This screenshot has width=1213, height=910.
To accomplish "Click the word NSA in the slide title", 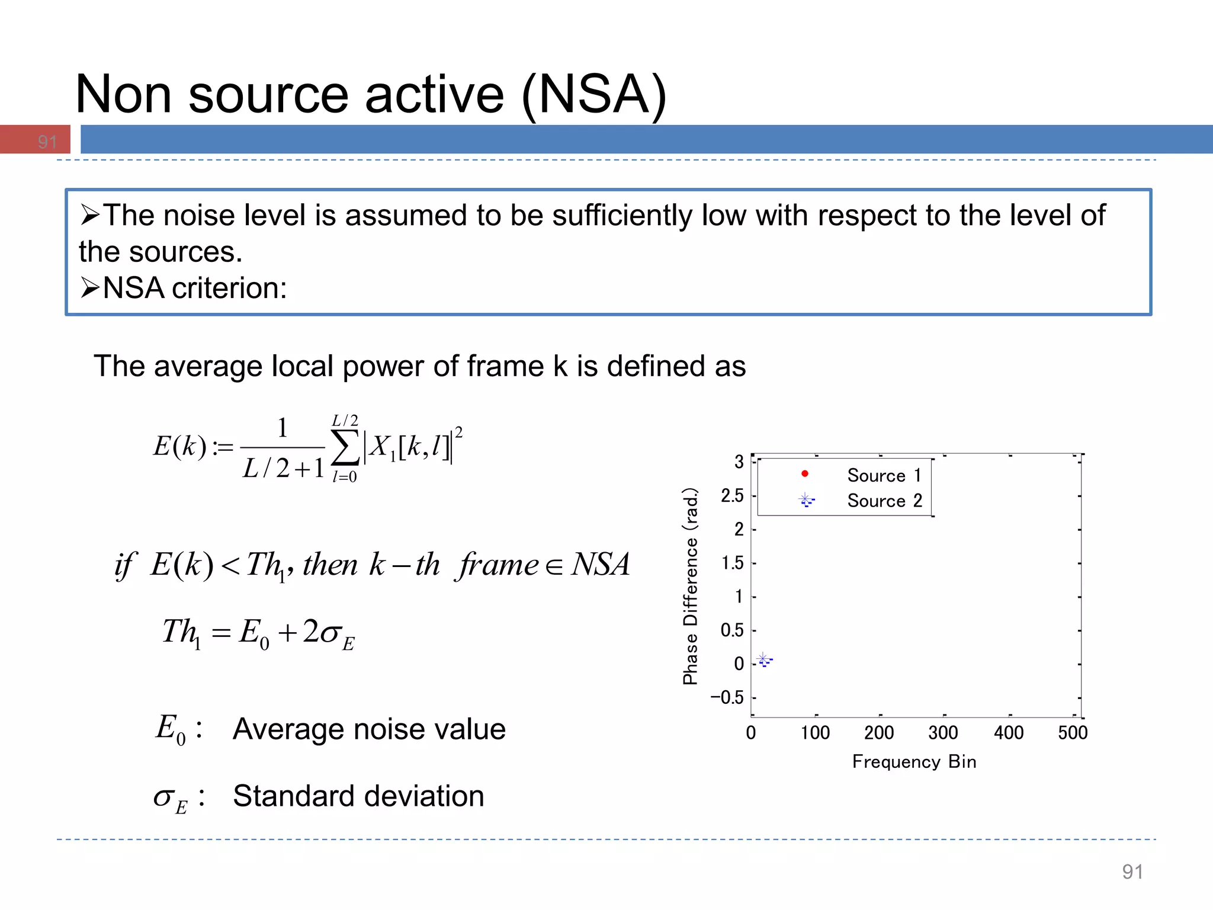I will pyautogui.click(x=593, y=95).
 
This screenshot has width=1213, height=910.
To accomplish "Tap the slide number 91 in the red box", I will pyautogui.click(x=47, y=142).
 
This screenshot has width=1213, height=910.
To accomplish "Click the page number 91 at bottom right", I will pyautogui.click(x=1132, y=871).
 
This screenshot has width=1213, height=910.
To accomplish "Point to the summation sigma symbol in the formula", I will pyautogui.click(x=345, y=448).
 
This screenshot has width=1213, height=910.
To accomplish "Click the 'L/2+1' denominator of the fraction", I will pyautogui.click(x=284, y=469).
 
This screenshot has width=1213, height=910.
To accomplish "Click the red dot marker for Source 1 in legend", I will pyautogui.click(x=804, y=473).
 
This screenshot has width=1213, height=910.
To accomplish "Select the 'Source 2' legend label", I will pyautogui.click(x=884, y=501).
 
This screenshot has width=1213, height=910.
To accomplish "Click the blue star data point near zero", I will pyautogui.click(x=764, y=659).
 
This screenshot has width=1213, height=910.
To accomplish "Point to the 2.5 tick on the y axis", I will pyautogui.click(x=731, y=495).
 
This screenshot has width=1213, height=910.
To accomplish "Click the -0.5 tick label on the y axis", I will pyautogui.click(x=727, y=697).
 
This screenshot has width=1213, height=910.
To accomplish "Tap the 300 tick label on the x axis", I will pyautogui.click(x=943, y=733).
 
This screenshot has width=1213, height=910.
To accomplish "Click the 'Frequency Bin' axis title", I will pyautogui.click(x=914, y=761).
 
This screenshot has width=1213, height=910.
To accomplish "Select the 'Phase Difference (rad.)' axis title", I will pyautogui.click(x=690, y=587).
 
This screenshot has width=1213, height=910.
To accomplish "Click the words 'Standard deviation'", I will pyautogui.click(x=358, y=796).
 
